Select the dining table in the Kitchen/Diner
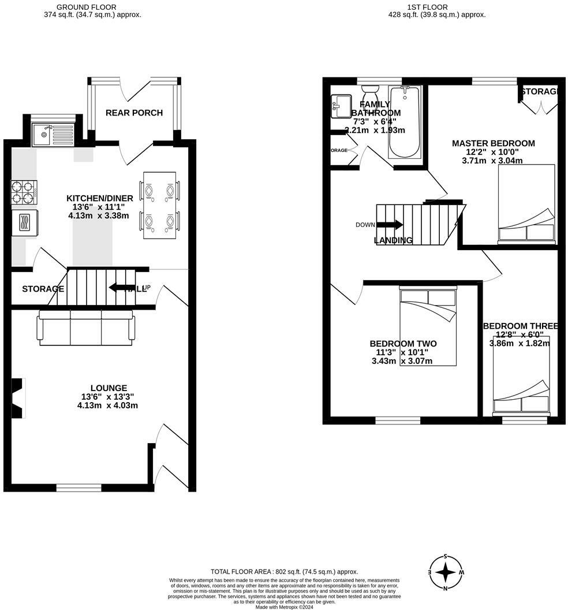[159, 205]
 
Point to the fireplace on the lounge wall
[19, 398]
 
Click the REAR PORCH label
[134, 113]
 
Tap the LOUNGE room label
[109, 388]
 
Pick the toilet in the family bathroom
[369, 92]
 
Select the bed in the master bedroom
[526, 204]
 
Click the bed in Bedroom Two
[428, 328]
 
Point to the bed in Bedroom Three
[521, 375]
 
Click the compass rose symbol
[446, 572]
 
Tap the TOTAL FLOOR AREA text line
[284, 571]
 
